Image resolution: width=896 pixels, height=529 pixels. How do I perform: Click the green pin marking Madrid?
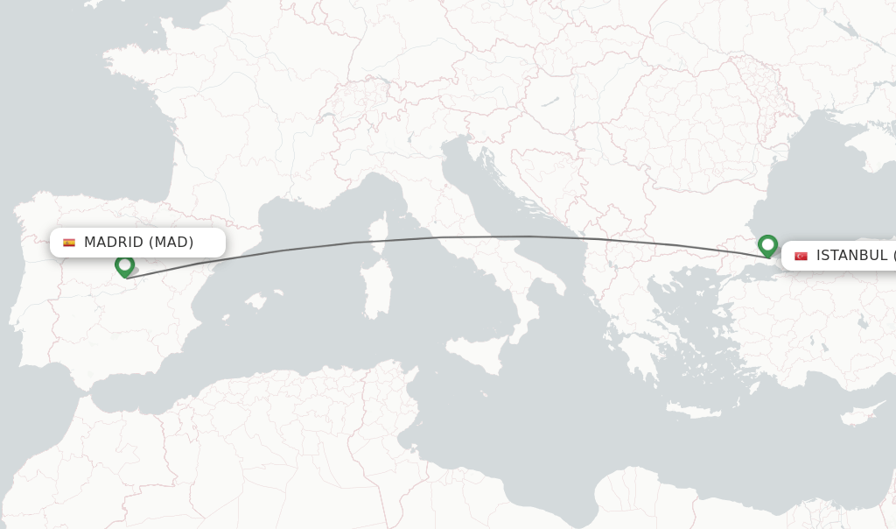[124, 264]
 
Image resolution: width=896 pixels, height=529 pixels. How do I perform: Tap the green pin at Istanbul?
[767, 244]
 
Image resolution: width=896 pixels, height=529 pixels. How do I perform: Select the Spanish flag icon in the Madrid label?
[69, 243]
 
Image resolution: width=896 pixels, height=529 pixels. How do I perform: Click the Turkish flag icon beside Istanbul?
[801, 256]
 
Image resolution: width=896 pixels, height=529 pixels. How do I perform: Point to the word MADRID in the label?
[114, 243]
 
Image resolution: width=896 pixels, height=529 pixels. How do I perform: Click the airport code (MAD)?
[171, 243]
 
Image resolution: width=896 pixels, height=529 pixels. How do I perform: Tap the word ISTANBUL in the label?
[851, 256]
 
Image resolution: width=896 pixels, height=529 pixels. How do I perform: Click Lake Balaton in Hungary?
[549, 102]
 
